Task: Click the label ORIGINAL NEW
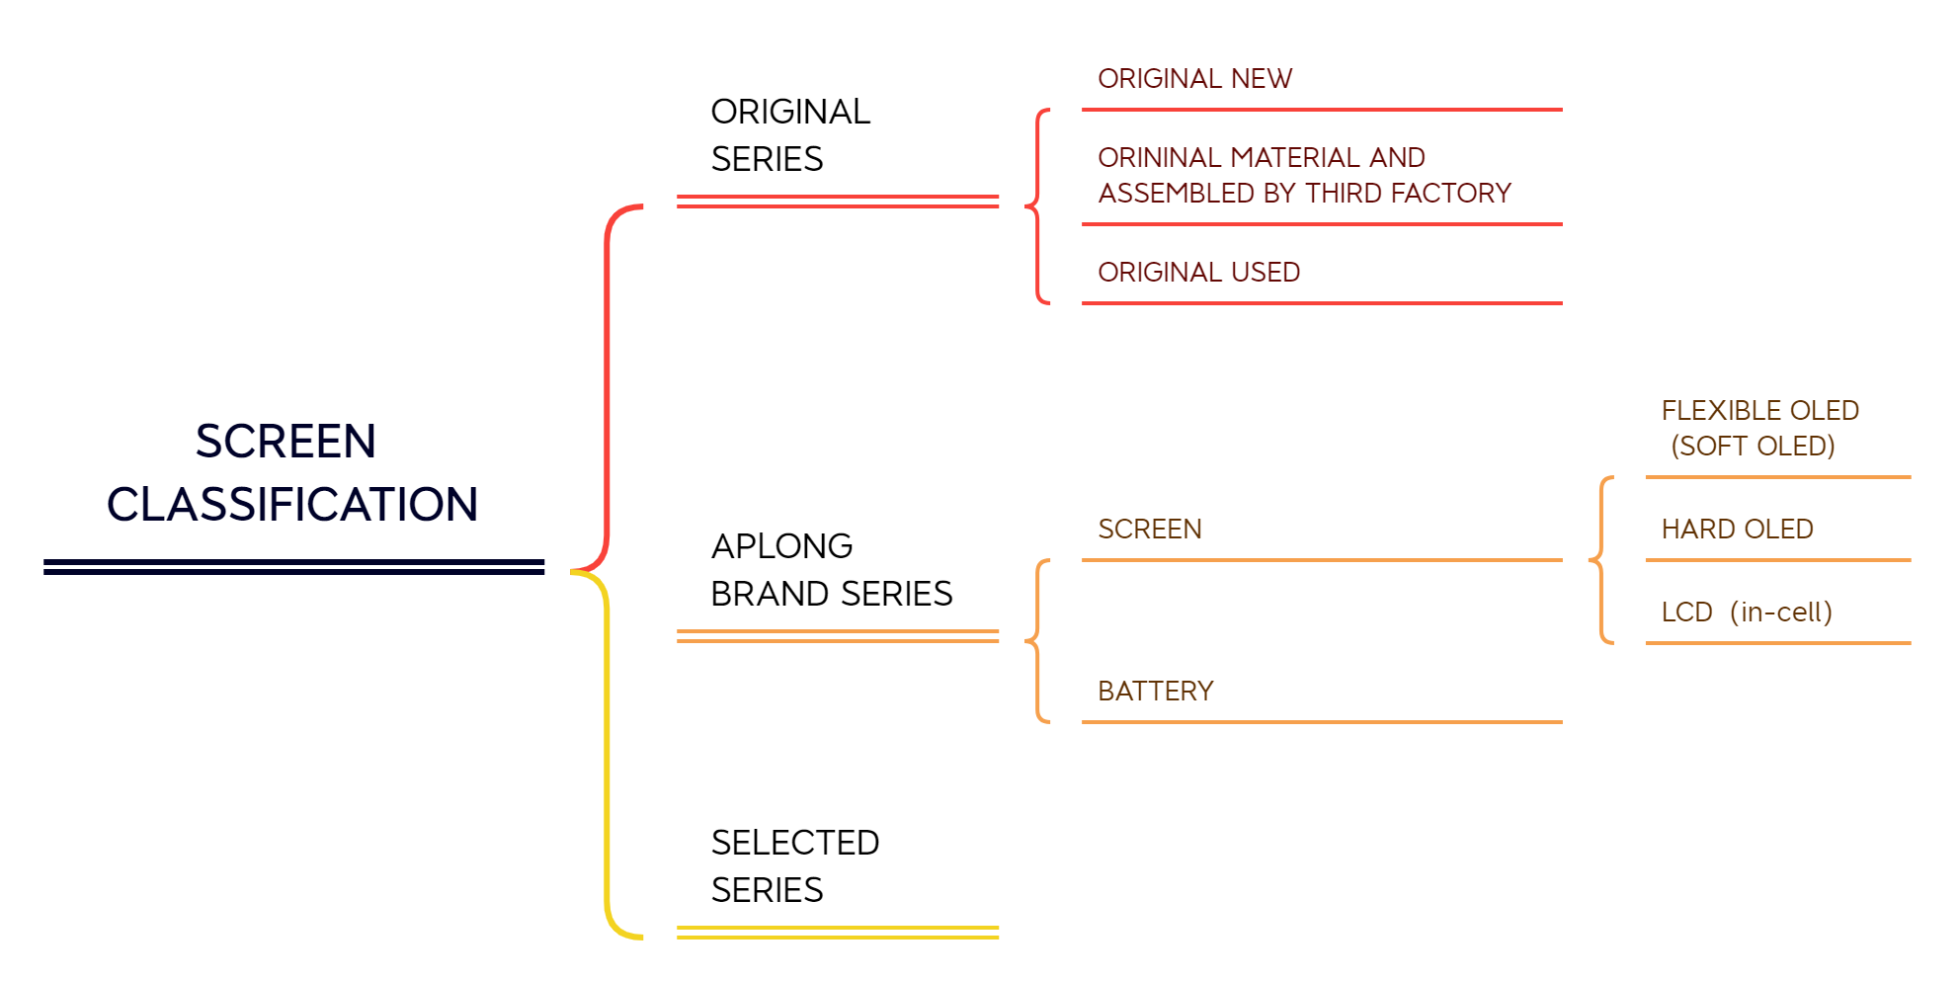(x=1194, y=79)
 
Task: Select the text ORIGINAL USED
(x=1198, y=273)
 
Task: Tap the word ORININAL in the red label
(x=1159, y=158)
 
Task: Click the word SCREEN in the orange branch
(x=1150, y=530)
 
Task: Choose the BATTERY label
(x=1156, y=692)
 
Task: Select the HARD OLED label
(x=1737, y=530)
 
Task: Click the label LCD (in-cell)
(x=1746, y=613)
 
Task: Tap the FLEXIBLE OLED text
(x=1759, y=411)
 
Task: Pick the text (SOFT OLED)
(x=1753, y=447)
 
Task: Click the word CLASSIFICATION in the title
(x=292, y=505)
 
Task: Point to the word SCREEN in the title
(x=286, y=442)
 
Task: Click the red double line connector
(x=838, y=202)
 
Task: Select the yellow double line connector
(x=838, y=932)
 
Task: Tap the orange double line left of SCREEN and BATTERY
(x=838, y=636)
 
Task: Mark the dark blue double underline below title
(x=293, y=566)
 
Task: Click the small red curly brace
(x=1037, y=206)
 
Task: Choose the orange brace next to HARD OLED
(x=1601, y=560)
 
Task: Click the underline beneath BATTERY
(x=1322, y=722)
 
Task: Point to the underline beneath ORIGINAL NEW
(x=1322, y=110)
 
